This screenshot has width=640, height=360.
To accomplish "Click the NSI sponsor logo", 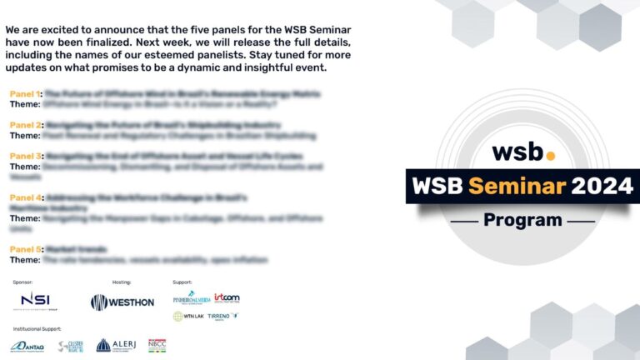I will [x=35, y=300].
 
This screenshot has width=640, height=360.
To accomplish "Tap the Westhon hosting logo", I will [x=122, y=302].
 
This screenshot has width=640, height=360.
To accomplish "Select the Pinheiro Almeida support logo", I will [x=191, y=297].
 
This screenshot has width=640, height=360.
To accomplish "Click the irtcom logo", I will [x=227, y=297].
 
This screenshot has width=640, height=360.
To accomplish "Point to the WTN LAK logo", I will [x=188, y=317].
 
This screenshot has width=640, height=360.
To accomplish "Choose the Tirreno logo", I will [x=222, y=317].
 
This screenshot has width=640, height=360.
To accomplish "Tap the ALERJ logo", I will [x=116, y=345].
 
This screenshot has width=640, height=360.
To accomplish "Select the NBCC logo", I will [x=157, y=345].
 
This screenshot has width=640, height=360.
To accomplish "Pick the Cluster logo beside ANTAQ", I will [x=70, y=346].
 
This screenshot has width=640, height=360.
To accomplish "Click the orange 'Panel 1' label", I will [x=25, y=94].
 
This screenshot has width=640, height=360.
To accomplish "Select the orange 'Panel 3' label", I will [x=26, y=156].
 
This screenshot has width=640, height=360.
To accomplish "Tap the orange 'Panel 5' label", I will [x=26, y=249].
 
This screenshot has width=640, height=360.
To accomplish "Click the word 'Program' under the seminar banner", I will [x=522, y=220].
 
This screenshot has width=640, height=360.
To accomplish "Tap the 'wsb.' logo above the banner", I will [x=522, y=152].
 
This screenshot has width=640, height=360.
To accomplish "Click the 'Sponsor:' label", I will [x=22, y=282].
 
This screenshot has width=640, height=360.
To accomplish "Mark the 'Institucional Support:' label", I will [x=37, y=329].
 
